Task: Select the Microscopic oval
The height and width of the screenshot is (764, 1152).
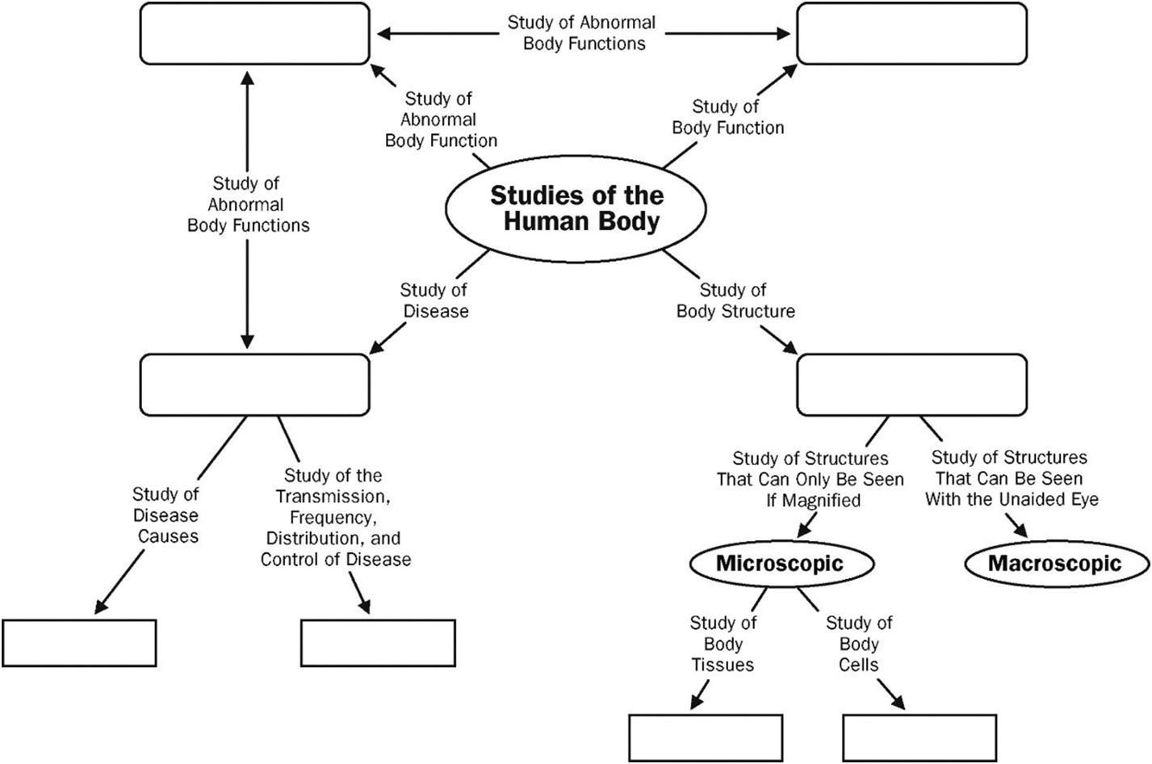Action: tap(780, 563)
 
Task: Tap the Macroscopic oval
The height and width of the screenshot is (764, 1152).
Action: tap(1055, 563)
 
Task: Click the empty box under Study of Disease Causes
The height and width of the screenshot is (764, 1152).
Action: tap(79, 643)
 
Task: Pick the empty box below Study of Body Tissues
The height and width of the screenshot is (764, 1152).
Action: tap(706, 737)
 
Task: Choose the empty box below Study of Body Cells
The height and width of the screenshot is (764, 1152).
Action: tap(920, 737)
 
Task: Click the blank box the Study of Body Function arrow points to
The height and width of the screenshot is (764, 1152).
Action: tap(911, 34)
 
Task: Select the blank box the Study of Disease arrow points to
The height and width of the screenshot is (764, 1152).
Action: tap(255, 384)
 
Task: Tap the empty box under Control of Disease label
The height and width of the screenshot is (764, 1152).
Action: tap(378, 643)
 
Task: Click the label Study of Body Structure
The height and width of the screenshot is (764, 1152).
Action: tap(735, 300)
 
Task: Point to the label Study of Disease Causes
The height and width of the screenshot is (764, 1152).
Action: tap(166, 514)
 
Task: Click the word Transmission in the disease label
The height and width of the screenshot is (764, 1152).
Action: tap(332, 496)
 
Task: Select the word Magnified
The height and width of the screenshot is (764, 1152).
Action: tap(813, 500)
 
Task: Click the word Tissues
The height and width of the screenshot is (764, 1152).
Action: tap(723, 665)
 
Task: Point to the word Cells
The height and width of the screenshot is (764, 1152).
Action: tap(858, 665)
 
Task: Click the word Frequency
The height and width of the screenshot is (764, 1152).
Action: tap(332, 517)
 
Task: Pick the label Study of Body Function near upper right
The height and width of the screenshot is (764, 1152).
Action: tap(727, 117)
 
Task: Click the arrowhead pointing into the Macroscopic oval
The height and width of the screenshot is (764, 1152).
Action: tap(1023, 532)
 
